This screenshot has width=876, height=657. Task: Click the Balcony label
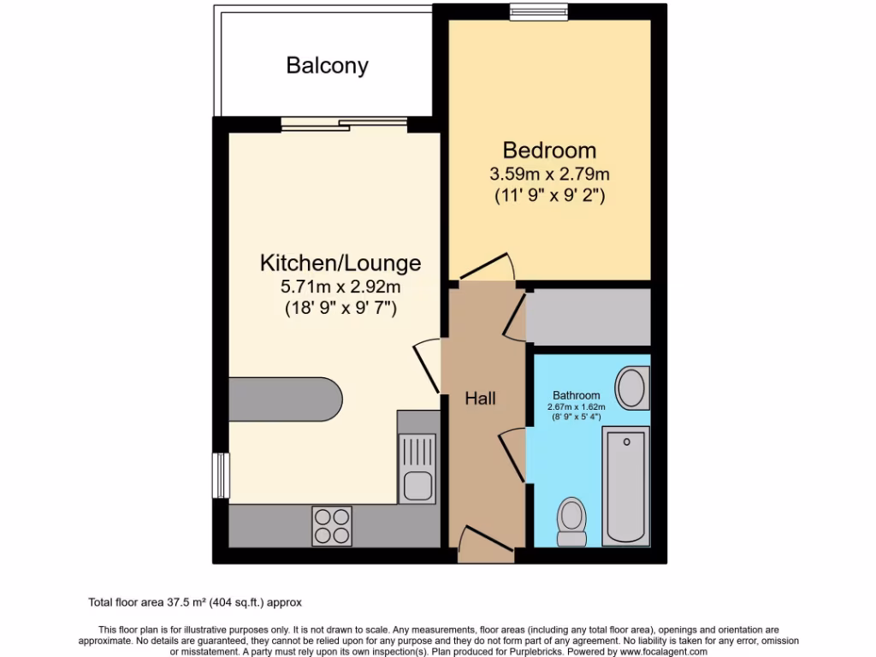click(327, 66)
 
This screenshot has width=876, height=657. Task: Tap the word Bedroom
click(549, 151)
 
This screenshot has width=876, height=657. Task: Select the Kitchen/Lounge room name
click(340, 262)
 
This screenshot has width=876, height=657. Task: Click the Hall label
click(481, 398)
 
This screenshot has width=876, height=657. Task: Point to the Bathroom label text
click(576, 395)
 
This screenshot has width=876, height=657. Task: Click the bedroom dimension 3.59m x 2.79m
click(549, 175)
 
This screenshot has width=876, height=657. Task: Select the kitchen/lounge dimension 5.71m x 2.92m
click(340, 287)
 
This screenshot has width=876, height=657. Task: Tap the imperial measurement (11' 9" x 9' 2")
click(549, 196)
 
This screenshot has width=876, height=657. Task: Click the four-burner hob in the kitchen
click(332, 525)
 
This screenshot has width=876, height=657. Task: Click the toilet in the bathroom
click(571, 522)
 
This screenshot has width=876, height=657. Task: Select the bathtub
click(627, 486)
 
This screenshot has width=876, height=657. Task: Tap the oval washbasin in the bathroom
click(633, 388)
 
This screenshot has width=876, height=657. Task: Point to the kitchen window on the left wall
click(221, 475)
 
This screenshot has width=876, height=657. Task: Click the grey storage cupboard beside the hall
click(588, 317)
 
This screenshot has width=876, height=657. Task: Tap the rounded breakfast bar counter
click(286, 400)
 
